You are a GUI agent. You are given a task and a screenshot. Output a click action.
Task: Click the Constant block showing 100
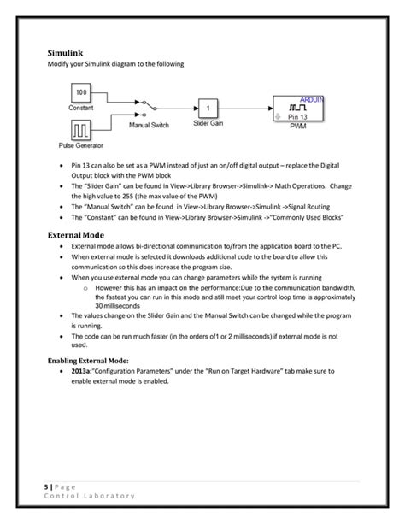pyautogui.click(x=81, y=92)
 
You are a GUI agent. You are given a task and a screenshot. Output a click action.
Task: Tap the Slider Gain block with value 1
pyautogui.click(x=211, y=109)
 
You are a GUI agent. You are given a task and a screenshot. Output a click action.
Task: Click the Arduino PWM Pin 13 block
pyautogui.click(x=299, y=109)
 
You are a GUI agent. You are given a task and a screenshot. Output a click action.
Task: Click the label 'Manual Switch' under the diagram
pyautogui.click(x=149, y=126)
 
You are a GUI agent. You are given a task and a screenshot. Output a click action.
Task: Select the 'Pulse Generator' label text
pyautogui.click(x=81, y=145)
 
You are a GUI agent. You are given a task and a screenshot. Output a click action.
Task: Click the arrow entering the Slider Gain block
pyautogui.click(x=192, y=109)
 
